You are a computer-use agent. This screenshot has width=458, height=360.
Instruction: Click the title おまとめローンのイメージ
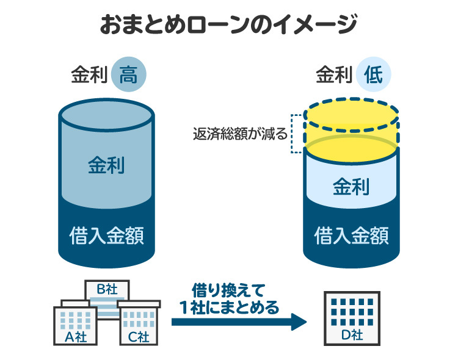coord(228,25)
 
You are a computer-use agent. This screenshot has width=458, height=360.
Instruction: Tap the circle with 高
coord(129,76)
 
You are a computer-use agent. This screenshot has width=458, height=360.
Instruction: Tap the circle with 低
coord(374,76)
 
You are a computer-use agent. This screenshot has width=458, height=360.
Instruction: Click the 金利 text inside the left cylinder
coord(107,166)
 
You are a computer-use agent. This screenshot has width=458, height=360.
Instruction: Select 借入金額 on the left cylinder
coord(107,234)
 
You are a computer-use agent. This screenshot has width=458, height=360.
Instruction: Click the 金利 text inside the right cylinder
coord(351,186)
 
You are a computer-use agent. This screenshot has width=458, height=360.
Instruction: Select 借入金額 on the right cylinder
coord(351,235)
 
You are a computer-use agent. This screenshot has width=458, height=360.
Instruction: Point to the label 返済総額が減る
coord(239,134)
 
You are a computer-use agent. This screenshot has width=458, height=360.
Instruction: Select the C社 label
coord(139,336)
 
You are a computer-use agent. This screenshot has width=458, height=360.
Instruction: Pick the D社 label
coord(351,335)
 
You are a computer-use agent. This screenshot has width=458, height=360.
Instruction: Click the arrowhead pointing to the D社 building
coord(299,321)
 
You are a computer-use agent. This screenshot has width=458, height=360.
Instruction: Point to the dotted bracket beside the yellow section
coord(294,133)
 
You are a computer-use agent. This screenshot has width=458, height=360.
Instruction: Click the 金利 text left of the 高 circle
coord(89,76)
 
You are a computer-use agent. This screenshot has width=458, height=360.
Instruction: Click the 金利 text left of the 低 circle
coord(334,76)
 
